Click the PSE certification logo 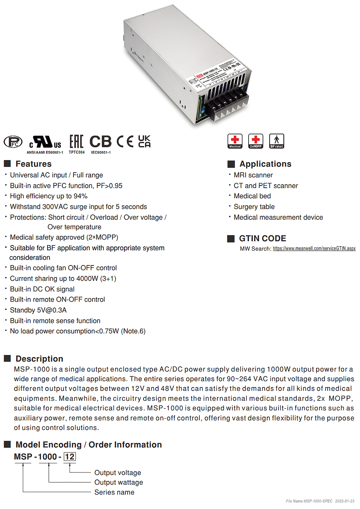[13, 142]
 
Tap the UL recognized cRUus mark [45, 142]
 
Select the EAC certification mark [76, 142]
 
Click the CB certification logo [101, 142]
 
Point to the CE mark [125, 142]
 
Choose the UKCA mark [144, 141]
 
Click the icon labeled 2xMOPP [256, 141]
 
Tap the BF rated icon [277, 141]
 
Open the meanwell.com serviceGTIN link [314, 249]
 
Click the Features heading [33, 164]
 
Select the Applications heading [265, 164]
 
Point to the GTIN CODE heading [262, 238]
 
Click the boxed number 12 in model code [70, 457]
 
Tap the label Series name [114, 492]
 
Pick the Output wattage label [118, 482]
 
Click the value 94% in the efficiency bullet [81, 196]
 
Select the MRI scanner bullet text [253, 175]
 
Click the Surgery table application [254, 207]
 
